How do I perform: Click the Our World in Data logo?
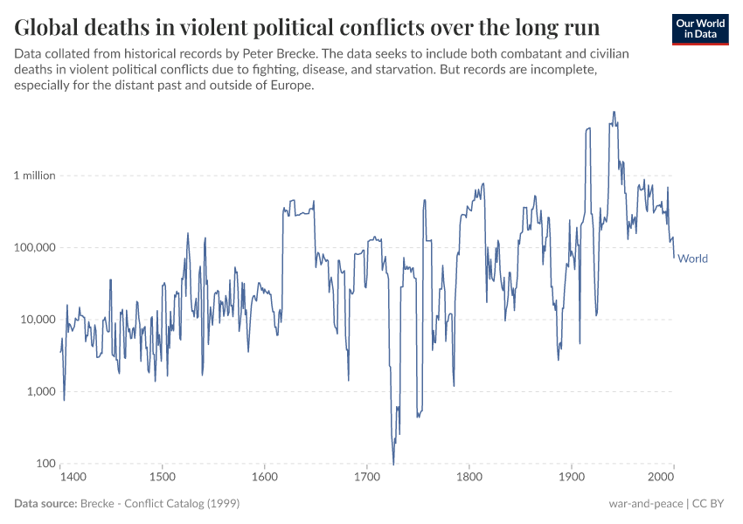click(699, 29)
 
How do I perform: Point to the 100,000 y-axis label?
click(35, 247)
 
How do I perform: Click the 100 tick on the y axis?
click(45, 464)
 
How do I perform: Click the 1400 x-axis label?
click(73, 478)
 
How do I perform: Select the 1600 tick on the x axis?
click(265, 478)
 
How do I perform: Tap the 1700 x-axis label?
click(367, 478)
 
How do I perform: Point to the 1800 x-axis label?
click(469, 478)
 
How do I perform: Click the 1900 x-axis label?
click(572, 478)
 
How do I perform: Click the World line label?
click(693, 259)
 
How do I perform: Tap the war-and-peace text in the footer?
click(645, 504)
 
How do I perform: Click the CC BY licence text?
click(710, 504)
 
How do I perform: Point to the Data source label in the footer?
click(45, 504)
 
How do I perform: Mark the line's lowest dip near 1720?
click(393, 463)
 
